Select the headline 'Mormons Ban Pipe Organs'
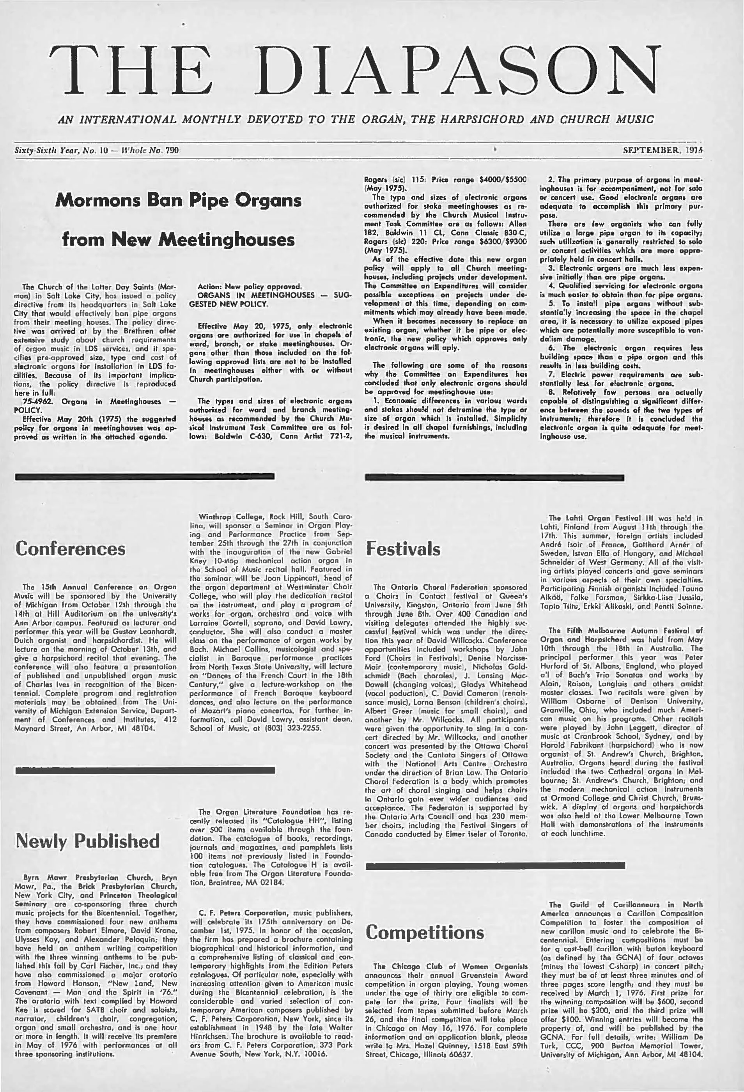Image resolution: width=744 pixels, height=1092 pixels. click(x=178, y=200)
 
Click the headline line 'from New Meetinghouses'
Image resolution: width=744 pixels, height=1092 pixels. click(x=178, y=240)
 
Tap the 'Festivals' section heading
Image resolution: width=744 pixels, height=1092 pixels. click(x=404, y=549)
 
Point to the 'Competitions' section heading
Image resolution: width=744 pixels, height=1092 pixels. click(x=424, y=932)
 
